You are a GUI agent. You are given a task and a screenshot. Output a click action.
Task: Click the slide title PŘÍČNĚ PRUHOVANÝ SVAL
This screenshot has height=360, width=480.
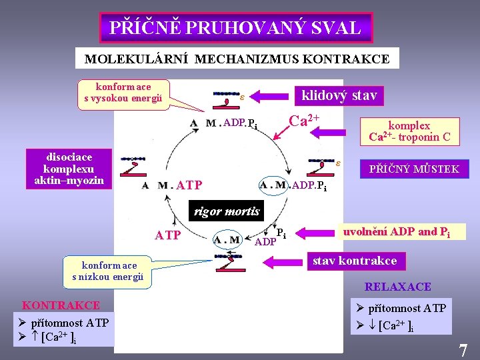[x=235, y=28]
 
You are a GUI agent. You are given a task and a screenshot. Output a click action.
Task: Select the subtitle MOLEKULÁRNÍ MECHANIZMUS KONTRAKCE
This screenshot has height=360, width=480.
[x=237, y=59]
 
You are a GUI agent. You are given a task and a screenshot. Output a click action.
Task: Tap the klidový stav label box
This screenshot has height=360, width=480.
[x=339, y=95]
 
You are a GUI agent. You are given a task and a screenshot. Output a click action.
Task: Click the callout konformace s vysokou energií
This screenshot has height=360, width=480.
[x=123, y=93]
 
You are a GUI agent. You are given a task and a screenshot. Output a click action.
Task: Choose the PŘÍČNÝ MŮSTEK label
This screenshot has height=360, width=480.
[x=414, y=169]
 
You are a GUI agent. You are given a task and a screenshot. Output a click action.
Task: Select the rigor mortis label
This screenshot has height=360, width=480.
[x=225, y=213]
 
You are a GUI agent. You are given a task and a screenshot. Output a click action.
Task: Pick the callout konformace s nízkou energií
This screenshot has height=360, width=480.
[x=108, y=271]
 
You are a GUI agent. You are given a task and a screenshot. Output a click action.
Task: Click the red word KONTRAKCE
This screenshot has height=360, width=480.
[x=61, y=305]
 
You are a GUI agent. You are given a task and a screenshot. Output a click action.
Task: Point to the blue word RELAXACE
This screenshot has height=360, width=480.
[x=397, y=287]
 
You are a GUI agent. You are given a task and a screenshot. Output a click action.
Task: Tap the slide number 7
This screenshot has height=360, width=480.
[x=462, y=349]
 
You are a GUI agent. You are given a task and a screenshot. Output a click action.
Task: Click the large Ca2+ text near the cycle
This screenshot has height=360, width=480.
[x=303, y=121]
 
